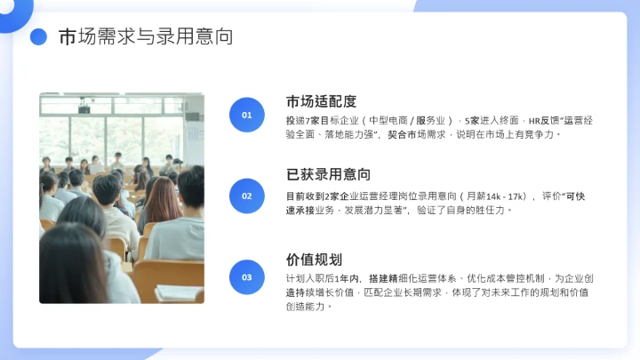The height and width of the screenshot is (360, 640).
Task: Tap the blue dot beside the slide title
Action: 38,37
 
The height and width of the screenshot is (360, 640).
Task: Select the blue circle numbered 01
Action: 247,115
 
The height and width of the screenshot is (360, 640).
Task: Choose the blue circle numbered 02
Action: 247,196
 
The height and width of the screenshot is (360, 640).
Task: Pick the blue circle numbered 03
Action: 247,276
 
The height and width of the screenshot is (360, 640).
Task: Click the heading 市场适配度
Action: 322,100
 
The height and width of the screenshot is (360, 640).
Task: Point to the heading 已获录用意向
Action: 328,174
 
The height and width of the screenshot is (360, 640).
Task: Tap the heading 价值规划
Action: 314,260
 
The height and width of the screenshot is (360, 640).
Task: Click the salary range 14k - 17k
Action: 507,196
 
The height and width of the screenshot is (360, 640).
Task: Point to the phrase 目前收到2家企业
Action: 320,196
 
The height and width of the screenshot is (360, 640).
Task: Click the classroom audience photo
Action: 122,197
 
